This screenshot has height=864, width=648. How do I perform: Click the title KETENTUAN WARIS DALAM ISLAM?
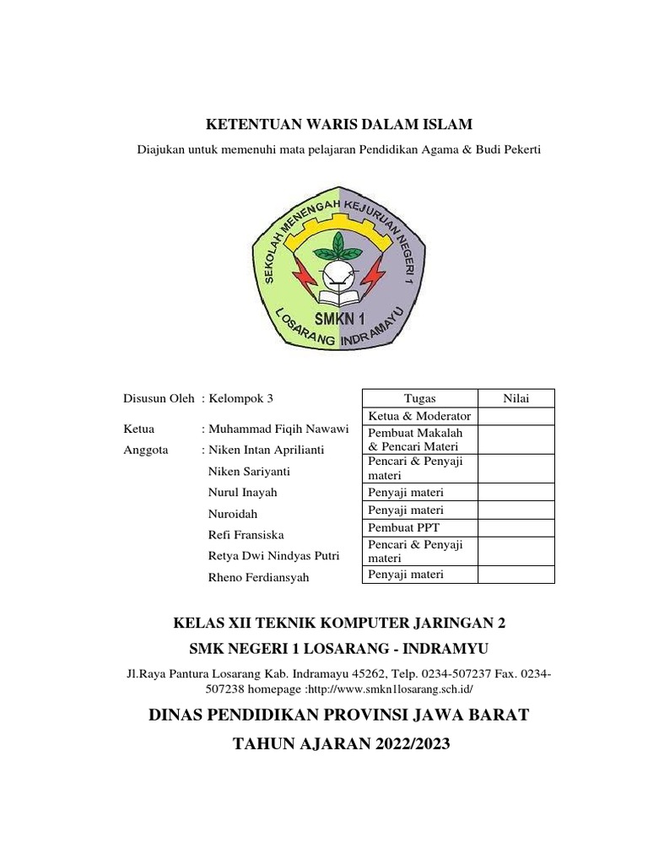(340, 124)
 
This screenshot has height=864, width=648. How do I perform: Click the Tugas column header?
(419, 398)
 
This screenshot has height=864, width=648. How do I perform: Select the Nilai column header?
(516, 398)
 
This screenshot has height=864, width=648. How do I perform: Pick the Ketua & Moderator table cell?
(419, 416)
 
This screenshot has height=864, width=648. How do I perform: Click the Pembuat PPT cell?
(419, 527)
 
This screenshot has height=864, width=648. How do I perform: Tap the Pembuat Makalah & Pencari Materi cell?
(419, 439)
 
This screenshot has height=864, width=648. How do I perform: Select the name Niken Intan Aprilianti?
(266, 450)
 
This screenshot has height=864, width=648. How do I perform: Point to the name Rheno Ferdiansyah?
(258, 578)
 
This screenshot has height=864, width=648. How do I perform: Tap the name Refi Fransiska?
(246, 535)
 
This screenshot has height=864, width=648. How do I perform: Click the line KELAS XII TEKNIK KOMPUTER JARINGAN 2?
(339, 624)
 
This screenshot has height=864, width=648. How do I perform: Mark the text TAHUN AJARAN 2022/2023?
(339, 744)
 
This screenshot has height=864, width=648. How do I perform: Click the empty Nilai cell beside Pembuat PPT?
(516, 527)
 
